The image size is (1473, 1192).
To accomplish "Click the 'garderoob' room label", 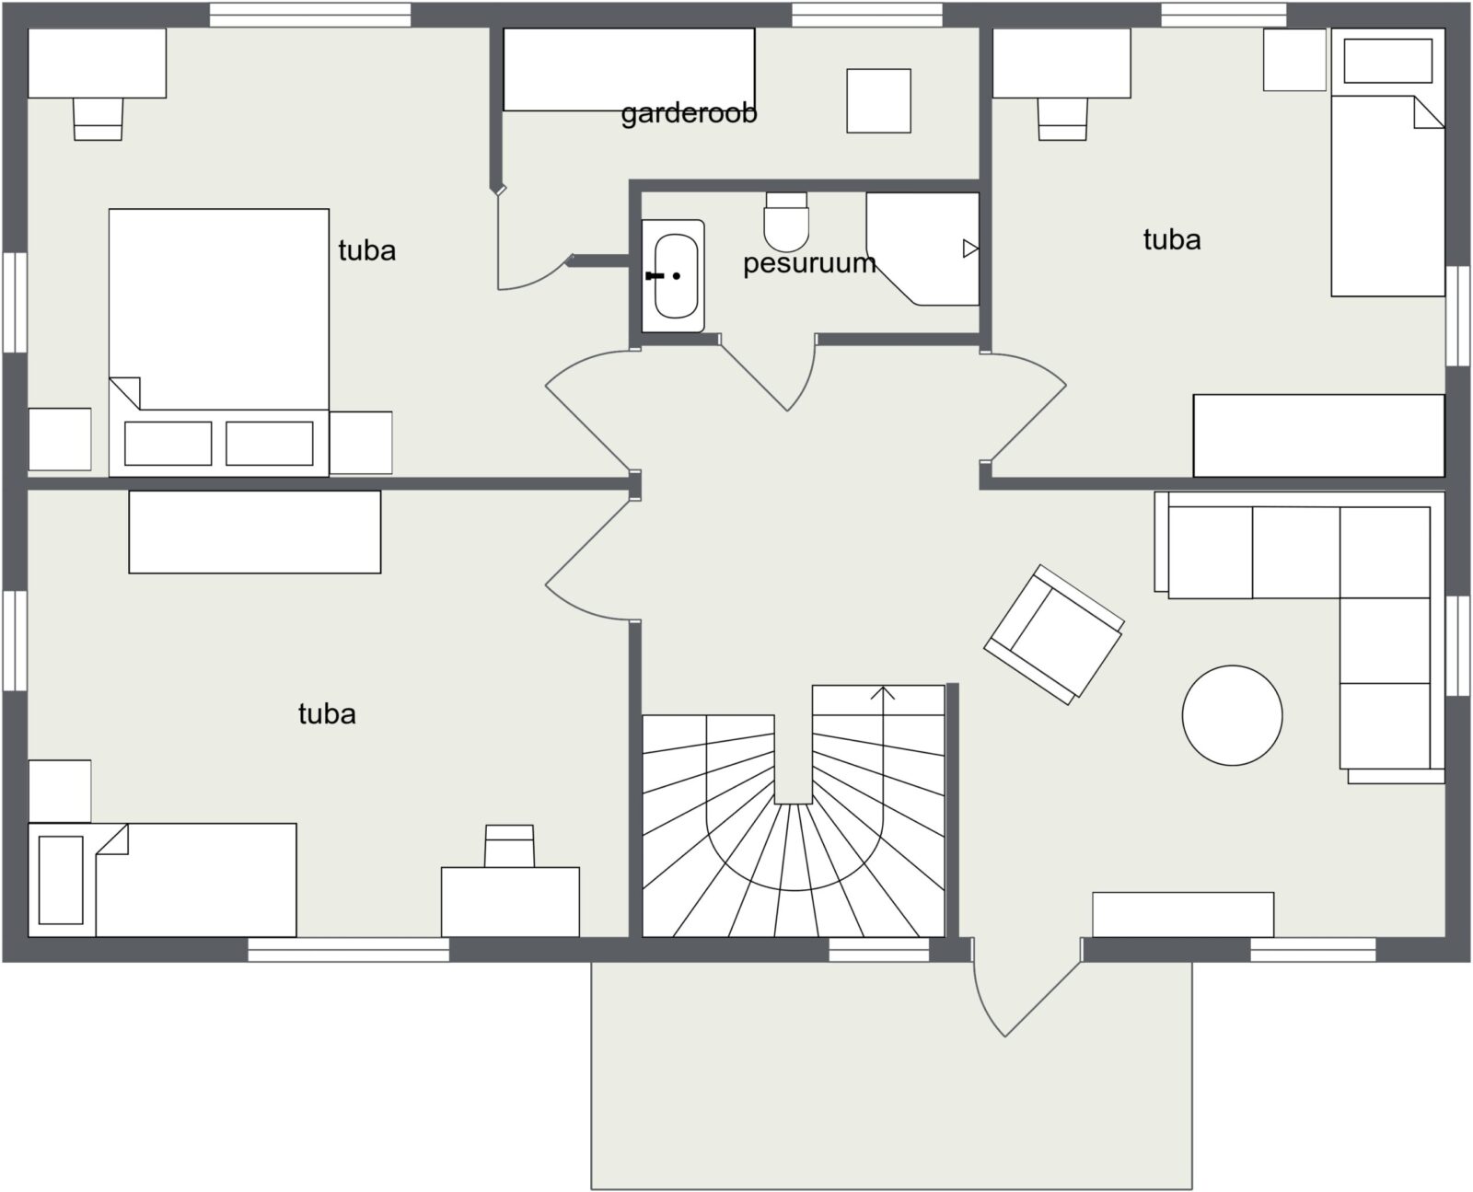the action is (689, 114).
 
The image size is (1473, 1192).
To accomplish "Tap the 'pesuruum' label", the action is (809, 263).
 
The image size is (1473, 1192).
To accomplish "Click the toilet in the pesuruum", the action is (786, 221).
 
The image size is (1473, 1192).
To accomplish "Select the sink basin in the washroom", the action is (673, 276).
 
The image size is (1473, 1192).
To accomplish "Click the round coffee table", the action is (1233, 715).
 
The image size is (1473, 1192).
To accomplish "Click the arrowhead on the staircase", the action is (882, 692).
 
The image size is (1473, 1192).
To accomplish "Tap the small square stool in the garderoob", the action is (878, 101).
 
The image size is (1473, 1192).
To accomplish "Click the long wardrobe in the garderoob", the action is (629, 69).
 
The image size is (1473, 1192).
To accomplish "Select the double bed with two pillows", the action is (218, 343).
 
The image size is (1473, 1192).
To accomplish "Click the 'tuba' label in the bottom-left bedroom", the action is (327, 714).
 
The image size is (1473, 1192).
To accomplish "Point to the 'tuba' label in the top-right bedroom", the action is (1172, 240).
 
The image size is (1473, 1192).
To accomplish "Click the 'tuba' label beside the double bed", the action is (367, 250).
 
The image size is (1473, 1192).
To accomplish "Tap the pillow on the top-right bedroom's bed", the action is (1388, 60).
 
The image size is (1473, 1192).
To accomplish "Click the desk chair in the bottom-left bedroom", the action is (510, 846).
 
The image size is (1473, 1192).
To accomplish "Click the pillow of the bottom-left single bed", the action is (61, 880).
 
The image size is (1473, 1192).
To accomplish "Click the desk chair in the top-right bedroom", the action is (1062, 119).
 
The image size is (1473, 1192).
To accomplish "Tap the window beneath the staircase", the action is (878, 950).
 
